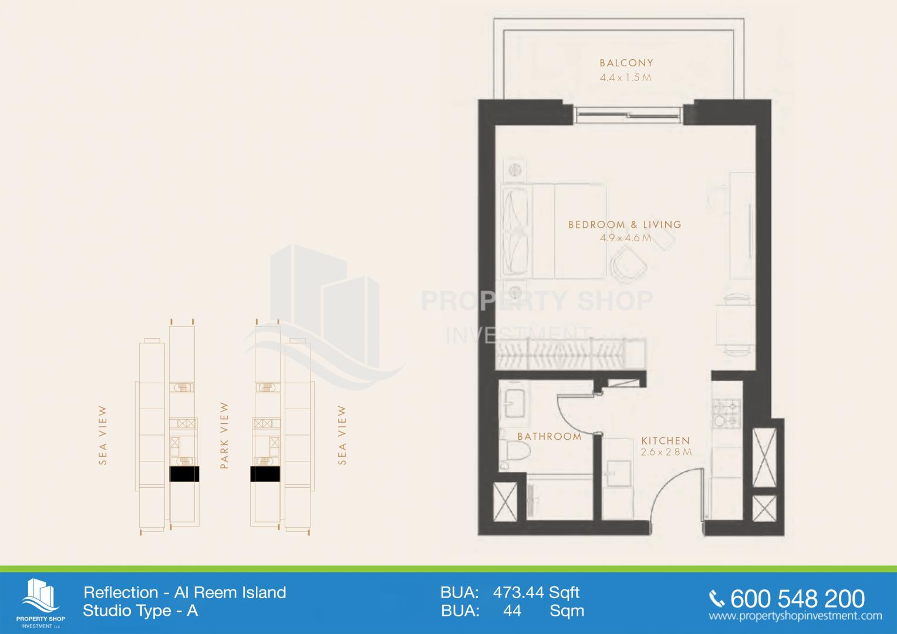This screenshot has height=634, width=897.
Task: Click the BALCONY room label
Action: (626, 63)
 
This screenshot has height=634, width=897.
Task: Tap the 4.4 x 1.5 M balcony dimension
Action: (626, 77)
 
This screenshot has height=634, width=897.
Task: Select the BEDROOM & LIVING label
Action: (625, 225)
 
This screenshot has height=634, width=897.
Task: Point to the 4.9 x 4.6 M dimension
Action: (626, 238)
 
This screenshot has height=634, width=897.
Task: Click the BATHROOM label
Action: (549, 436)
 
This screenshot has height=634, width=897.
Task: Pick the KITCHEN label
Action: (666, 440)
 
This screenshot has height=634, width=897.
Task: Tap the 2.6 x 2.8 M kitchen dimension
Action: (666, 453)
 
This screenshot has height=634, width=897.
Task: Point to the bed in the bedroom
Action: (553, 231)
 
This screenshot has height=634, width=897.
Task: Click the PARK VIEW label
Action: (224, 436)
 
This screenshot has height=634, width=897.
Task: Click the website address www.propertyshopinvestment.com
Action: (795, 616)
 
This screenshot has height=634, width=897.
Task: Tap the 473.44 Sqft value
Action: (536, 592)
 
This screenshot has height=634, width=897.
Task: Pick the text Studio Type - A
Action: (140, 611)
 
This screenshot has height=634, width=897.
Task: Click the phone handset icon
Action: (717, 599)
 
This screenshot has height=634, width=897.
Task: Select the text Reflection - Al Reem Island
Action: (185, 592)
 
